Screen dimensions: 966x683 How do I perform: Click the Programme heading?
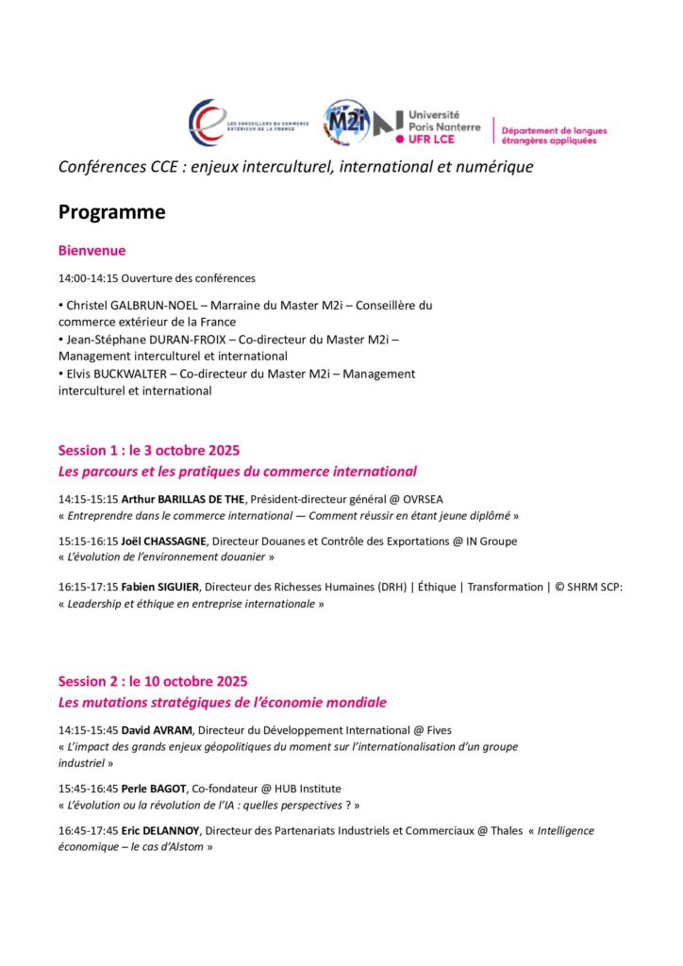(111, 212)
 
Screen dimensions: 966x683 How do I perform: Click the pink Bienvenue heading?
(92, 251)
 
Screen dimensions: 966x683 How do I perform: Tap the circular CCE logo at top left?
(207, 122)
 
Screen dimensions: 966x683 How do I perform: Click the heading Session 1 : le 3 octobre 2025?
(155, 450)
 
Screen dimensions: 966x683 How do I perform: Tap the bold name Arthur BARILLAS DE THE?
(183, 498)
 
